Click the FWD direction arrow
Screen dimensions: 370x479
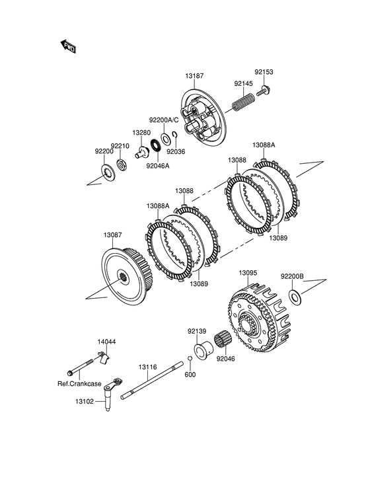[x=68, y=46]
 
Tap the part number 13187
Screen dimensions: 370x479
[x=194, y=75]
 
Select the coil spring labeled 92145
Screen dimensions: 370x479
[x=243, y=102]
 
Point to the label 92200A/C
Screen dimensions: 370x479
[x=164, y=120]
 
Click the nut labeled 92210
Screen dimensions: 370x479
[x=122, y=165]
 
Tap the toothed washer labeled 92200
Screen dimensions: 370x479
[x=108, y=174]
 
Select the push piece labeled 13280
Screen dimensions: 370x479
[x=141, y=152]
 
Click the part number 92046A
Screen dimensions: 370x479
[x=158, y=166]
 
